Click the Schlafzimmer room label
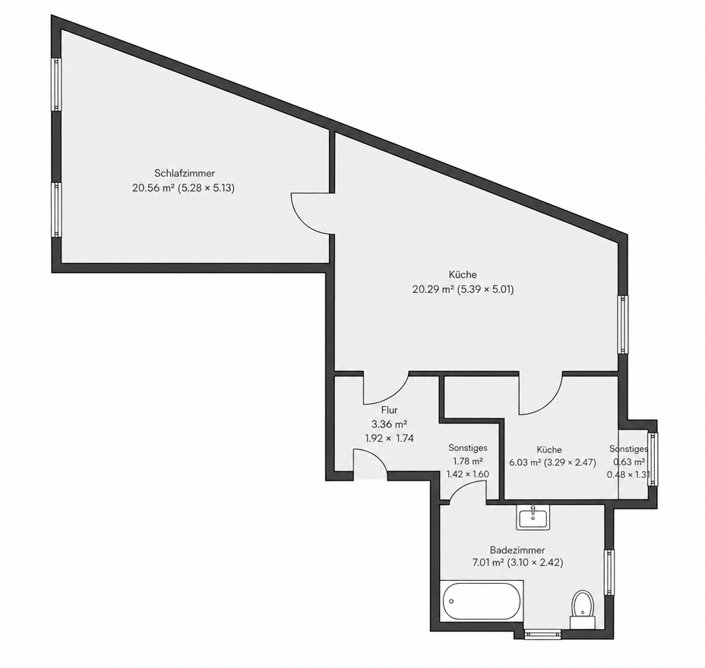pos(185,173)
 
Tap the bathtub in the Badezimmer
pos(482,601)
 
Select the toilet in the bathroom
pos(583,610)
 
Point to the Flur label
pos(389,410)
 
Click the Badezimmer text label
pos(517,550)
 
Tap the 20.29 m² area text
pos(433,289)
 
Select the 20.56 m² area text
pos(153,187)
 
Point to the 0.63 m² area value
pos(629,462)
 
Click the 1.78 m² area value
pos(468,461)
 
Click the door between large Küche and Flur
pos(386,388)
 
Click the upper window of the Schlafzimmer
pos(56,84)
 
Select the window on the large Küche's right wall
pos(623,324)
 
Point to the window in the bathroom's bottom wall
pos(542,634)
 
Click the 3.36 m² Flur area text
pos(389,424)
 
